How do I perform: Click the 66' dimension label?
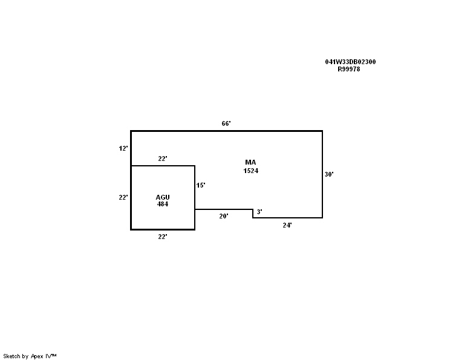click(x=226, y=123)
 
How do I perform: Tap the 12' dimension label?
click(x=123, y=148)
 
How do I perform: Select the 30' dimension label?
click(x=329, y=174)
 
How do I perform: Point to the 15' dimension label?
click(x=201, y=185)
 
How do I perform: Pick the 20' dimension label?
click(x=224, y=216)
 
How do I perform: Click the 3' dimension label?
click(x=259, y=212)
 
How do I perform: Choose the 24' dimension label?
click(x=287, y=225)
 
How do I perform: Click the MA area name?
click(x=250, y=163)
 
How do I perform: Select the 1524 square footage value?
click(x=251, y=171)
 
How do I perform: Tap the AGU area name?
click(x=163, y=197)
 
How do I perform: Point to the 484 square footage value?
click(x=163, y=204)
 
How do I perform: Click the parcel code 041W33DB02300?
click(x=350, y=62)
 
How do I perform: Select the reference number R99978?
click(x=349, y=69)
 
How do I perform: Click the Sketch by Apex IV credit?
click(x=30, y=356)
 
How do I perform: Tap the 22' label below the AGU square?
click(x=163, y=237)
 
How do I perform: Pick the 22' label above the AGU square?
click(x=163, y=159)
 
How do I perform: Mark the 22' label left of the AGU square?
click(x=123, y=197)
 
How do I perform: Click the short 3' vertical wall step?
click(x=253, y=214)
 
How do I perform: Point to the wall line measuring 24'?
click(x=287, y=218)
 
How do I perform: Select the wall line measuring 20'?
click(x=224, y=209)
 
